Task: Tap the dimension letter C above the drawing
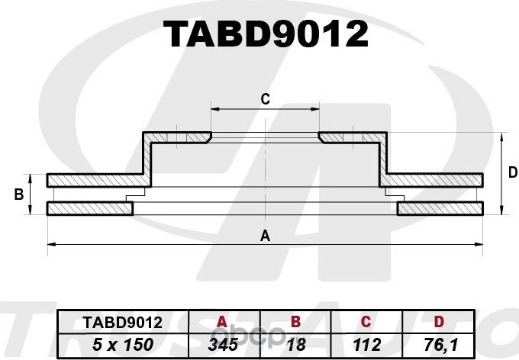[265, 98]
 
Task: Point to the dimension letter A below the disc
[265, 236]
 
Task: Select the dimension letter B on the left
[19, 195]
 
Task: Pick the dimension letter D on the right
[512, 173]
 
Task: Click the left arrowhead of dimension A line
[50, 244]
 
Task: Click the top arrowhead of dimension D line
[501, 136]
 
